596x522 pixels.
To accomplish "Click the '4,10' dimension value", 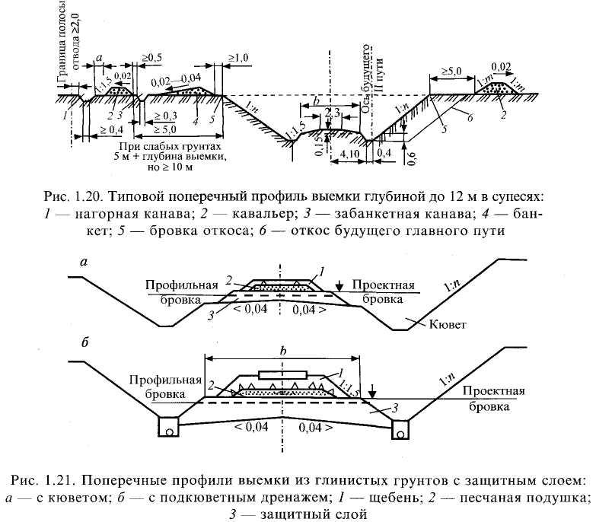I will click(x=351, y=154).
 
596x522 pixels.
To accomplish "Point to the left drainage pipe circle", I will click(x=169, y=430).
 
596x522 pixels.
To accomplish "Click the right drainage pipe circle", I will click(x=402, y=431).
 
